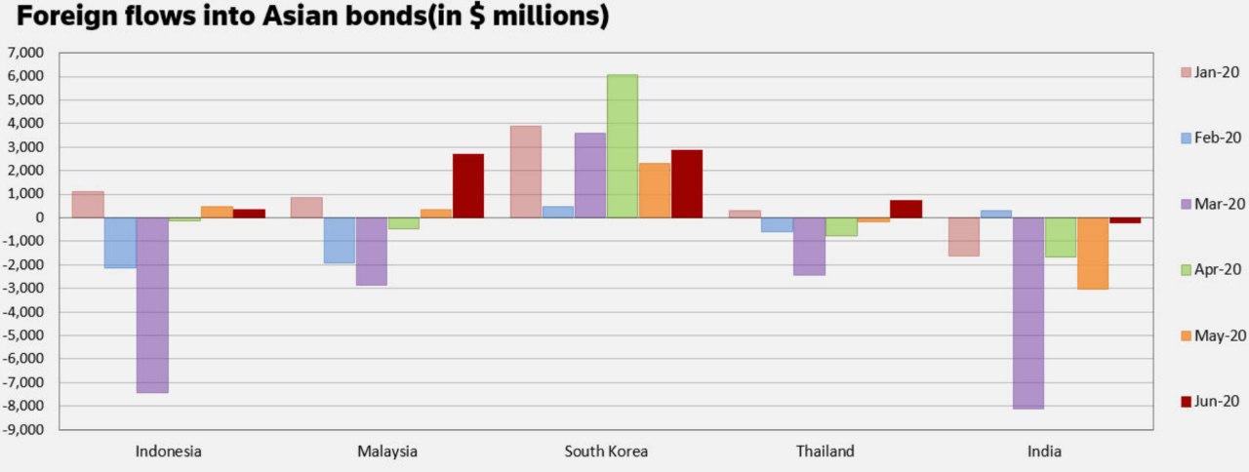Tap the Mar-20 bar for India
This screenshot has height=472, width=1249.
click(1028, 312)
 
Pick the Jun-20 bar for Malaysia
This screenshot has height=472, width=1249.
click(467, 185)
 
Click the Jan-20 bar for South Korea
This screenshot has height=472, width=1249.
click(526, 172)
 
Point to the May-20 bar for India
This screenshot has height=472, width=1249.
click(1093, 253)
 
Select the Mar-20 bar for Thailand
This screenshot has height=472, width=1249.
click(809, 246)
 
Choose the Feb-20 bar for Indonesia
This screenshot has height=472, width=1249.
click(120, 242)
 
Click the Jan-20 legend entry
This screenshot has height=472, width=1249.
click(1210, 71)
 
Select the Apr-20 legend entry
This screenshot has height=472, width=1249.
click(1210, 269)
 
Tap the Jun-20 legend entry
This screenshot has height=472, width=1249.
click(1210, 401)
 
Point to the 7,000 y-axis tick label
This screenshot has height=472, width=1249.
click(27, 53)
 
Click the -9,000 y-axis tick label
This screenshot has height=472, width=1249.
click(25, 429)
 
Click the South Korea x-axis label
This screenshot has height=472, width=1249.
click(606, 452)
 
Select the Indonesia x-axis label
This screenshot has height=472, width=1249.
click(169, 452)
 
